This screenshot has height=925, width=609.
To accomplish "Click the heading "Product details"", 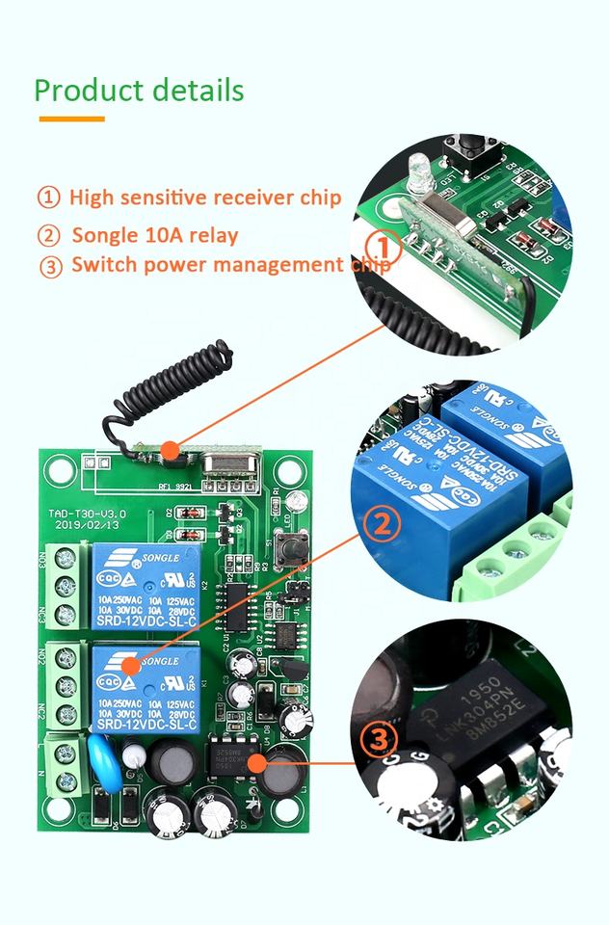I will point(139,91).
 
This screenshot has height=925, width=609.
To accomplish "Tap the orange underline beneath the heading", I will point(71,119).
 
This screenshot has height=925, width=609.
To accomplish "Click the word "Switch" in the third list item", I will point(101,266).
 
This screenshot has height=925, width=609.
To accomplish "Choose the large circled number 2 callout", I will point(383,526).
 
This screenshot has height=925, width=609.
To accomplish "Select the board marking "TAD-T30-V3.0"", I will point(83,514).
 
